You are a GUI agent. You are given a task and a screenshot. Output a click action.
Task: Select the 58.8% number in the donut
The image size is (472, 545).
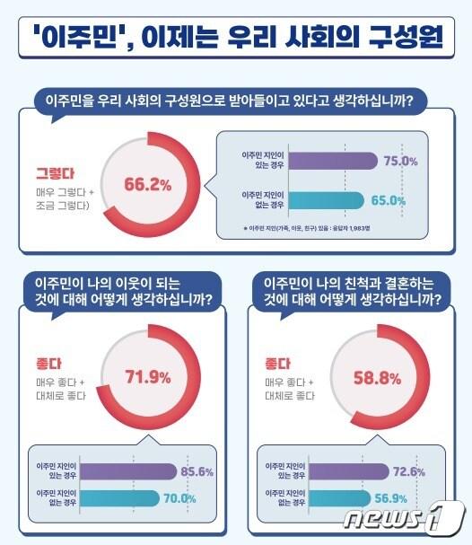[376, 378]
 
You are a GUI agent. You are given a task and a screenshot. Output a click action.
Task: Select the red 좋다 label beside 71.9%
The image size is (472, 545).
[46, 365]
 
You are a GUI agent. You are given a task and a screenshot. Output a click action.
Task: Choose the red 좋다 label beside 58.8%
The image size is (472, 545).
[279, 365]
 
